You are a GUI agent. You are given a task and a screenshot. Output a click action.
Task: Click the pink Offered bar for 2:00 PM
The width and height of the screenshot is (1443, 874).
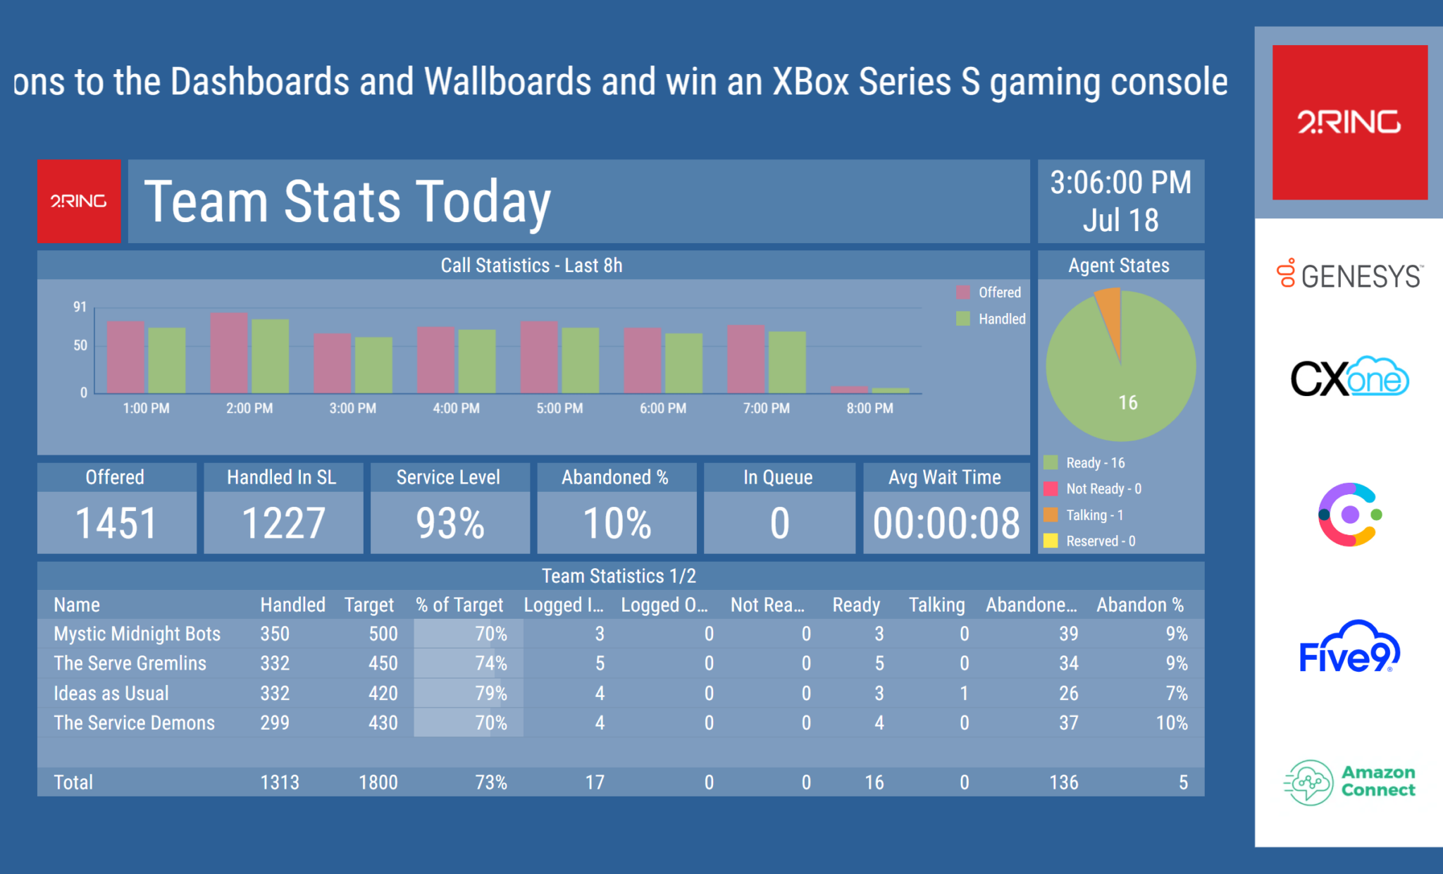(x=229, y=352)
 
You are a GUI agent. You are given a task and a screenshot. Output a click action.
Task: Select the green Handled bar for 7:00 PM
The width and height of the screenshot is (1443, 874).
(x=786, y=362)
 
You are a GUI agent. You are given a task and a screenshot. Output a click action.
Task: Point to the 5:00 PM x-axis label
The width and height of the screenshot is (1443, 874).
(x=559, y=408)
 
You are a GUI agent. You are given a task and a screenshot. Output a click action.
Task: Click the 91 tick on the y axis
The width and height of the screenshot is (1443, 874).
(x=80, y=307)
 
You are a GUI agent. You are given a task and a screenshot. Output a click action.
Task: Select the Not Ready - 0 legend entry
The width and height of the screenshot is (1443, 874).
(x=1103, y=488)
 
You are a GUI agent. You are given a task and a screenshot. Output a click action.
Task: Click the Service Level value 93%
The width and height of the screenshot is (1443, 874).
(x=450, y=523)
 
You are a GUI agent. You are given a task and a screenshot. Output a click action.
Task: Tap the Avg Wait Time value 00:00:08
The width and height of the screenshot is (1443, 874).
(x=946, y=523)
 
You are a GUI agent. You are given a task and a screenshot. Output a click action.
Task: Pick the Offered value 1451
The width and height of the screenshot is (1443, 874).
(x=116, y=523)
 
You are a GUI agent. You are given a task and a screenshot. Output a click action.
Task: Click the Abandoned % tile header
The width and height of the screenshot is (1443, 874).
(x=615, y=477)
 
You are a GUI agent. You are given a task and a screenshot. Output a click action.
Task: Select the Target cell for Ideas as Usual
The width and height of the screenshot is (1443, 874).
(x=383, y=693)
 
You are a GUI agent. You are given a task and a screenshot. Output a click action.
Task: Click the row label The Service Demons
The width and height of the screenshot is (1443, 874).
(x=134, y=722)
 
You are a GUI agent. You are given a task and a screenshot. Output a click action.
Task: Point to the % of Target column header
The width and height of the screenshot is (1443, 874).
(x=459, y=605)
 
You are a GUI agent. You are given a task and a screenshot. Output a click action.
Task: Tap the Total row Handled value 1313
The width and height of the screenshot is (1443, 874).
(x=280, y=782)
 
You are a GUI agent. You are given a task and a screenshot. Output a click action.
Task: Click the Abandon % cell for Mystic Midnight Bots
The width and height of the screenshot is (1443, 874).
(x=1176, y=634)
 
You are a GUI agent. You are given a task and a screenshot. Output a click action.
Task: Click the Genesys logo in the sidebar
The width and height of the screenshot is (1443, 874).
(x=1349, y=275)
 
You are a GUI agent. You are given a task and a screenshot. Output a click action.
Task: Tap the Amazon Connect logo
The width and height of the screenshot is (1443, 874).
(x=1349, y=782)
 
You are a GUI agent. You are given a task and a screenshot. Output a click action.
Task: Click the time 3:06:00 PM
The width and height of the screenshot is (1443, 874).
(x=1120, y=183)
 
